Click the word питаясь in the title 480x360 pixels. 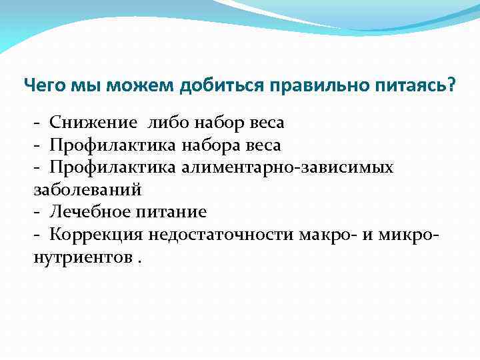[x=412, y=85]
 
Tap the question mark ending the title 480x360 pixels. [x=453, y=85]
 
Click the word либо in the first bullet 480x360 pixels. [x=173, y=123]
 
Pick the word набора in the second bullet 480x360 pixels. [x=213, y=145]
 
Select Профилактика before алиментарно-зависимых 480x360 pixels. [x=111, y=167]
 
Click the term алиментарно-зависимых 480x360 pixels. [x=286, y=167]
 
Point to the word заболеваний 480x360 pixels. [x=87, y=189]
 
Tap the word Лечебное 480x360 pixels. [x=91, y=212]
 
